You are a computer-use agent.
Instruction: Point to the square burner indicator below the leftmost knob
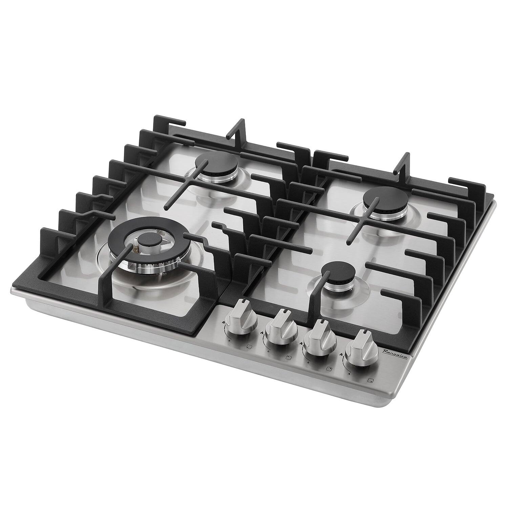tap(249, 346)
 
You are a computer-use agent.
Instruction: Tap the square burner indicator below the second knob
tap(289, 357)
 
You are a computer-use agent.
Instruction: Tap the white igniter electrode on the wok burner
tap(135, 241)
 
